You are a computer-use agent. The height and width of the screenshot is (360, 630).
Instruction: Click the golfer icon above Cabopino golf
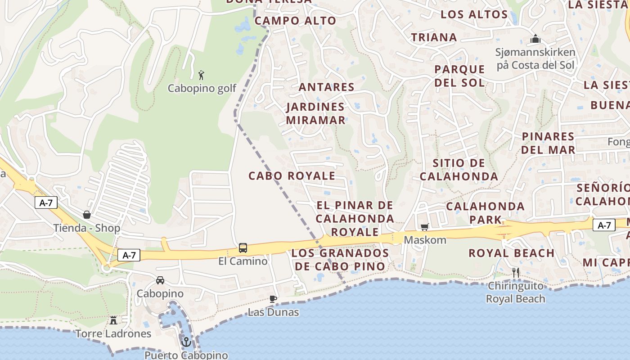point(201,75)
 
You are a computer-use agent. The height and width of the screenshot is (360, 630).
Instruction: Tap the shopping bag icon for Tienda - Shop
point(86,215)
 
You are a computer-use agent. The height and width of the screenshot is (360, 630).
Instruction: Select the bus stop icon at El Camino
point(243,247)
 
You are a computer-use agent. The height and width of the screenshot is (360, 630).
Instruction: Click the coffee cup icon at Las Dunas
point(273,299)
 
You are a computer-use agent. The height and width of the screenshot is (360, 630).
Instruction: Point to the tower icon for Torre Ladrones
point(113,320)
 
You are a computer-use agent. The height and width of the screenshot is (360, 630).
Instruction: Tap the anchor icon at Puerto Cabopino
point(186,342)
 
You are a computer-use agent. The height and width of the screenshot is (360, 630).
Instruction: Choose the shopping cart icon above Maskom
point(424,227)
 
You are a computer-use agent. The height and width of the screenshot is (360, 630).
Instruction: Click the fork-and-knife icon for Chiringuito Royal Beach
point(516,272)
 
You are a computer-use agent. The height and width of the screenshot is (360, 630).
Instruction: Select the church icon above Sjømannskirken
point(535,39)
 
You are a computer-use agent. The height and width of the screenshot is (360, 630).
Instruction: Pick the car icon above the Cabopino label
point(160,280)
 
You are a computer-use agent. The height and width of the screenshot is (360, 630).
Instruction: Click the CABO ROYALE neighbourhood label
point(292,176)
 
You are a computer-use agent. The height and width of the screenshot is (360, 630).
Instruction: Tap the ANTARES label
point(327,87)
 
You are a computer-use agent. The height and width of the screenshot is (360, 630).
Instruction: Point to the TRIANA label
point(434,37)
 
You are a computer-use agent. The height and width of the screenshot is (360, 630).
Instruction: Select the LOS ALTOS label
point(474,14)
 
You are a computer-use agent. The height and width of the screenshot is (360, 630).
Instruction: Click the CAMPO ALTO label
point(295,21)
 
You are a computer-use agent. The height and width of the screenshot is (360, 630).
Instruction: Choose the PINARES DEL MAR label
point(548,143)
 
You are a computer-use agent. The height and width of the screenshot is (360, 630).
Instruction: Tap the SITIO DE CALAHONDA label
point(459,170)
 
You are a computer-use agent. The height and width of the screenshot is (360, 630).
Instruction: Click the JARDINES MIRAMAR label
point(315,113)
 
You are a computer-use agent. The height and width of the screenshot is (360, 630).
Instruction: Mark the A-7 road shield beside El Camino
point(129,256)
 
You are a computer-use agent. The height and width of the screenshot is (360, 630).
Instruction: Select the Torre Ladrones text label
point(113,333)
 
